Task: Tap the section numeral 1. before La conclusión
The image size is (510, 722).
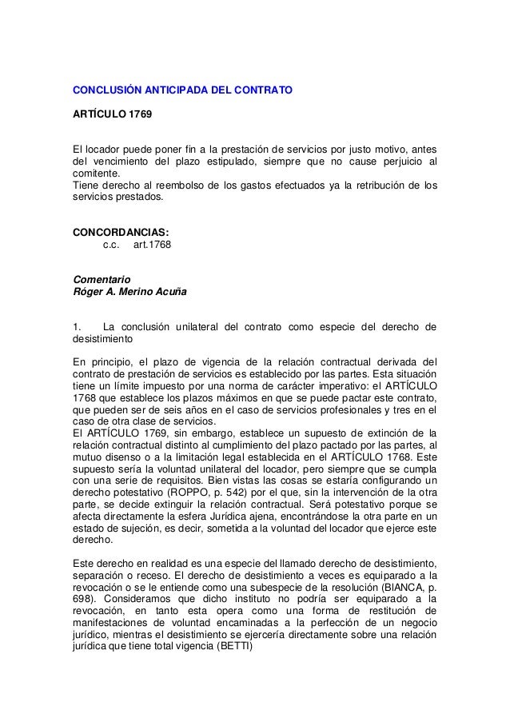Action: (77, 326)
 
